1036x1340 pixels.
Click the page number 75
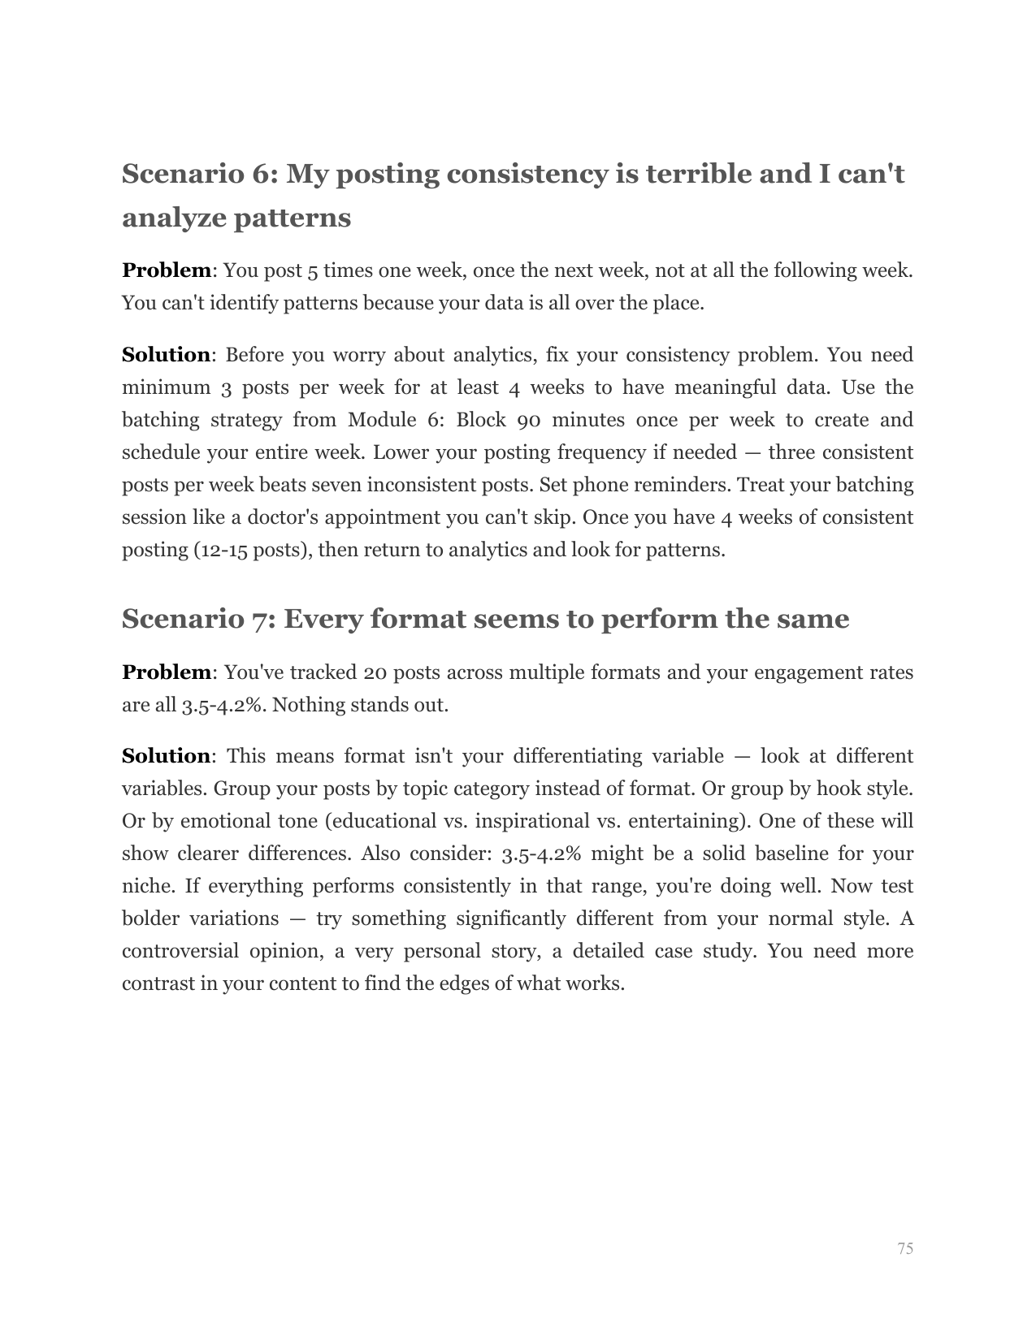(905, 1248)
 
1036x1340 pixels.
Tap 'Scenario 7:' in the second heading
(198, 619)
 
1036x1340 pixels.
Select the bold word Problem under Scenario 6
(166, 270)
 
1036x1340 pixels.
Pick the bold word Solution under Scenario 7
(166, 756)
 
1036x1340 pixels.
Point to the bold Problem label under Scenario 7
(166, 672)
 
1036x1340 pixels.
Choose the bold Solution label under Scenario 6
(166, 355)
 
